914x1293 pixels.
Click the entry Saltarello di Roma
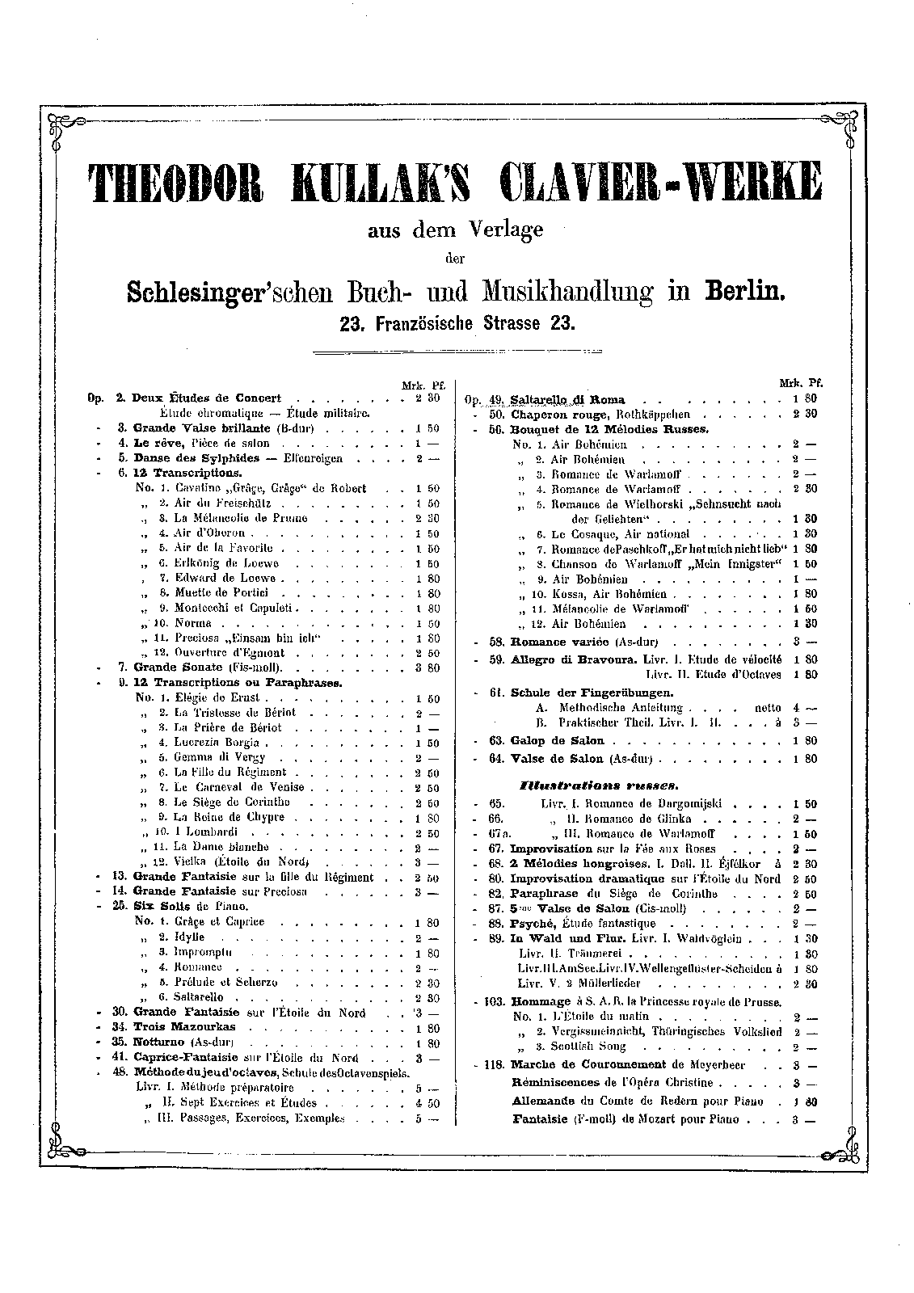(568, 399)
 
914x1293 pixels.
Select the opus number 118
(494, 1065)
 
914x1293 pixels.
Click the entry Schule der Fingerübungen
(592, 693)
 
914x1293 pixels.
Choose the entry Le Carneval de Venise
(239, 787)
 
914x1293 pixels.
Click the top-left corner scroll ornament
(60, 127)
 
